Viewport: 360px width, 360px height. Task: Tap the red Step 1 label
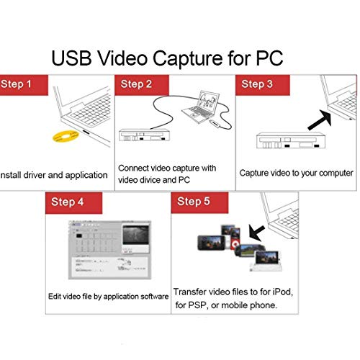[x=19, y=84]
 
